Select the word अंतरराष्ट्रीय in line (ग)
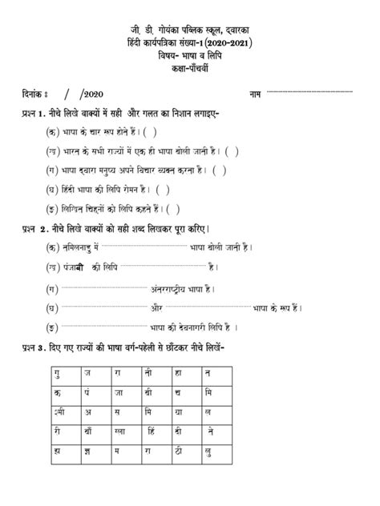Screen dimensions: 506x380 [178, 289]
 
